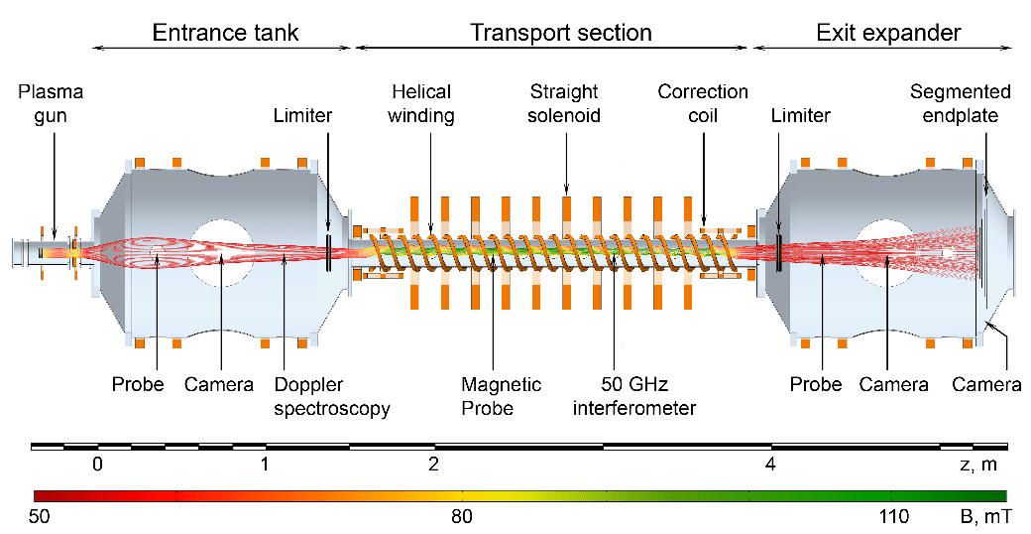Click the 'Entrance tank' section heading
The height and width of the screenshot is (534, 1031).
tap(226, 33)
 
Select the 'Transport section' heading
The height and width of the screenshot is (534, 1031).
tap(561, 33)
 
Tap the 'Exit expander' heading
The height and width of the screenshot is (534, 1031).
tap(889, 33)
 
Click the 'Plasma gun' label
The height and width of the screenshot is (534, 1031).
tap(51, 103)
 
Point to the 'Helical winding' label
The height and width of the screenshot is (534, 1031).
tap(420, 103)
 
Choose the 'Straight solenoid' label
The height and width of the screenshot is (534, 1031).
tap(564, 103)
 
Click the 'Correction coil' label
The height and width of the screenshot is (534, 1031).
tap(703, 103)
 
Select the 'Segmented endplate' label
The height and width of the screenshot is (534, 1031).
tap(960, 103)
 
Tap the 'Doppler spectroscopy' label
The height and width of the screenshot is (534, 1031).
tap(332, 396)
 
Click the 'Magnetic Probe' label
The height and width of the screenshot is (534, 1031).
tap(501, 396)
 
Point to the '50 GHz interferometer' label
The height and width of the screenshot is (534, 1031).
tap(633, 396)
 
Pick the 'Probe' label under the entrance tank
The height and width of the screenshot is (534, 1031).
tap(138, 384)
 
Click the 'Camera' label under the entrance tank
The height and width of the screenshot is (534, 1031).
tap(219, 384)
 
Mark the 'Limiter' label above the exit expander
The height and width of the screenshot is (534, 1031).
tap(801, 116)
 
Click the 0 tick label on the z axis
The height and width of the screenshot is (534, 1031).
tap(98, 465)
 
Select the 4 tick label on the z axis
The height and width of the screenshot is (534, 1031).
tap(770, 465)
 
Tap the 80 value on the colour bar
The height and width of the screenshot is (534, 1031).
tap(462, 516)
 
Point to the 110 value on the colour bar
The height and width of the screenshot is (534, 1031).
tap(895, 516)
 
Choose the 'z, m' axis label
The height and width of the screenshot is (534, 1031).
tap(978, 465)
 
